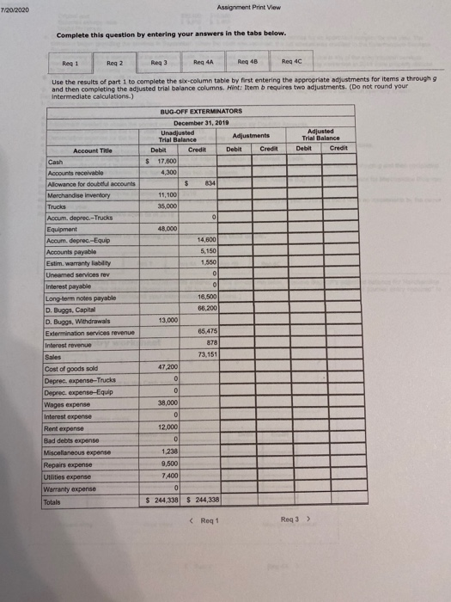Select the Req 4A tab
(x=204, y=63)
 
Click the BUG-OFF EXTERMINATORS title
(x=203, y=111)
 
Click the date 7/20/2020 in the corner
(x=15, y=6)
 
